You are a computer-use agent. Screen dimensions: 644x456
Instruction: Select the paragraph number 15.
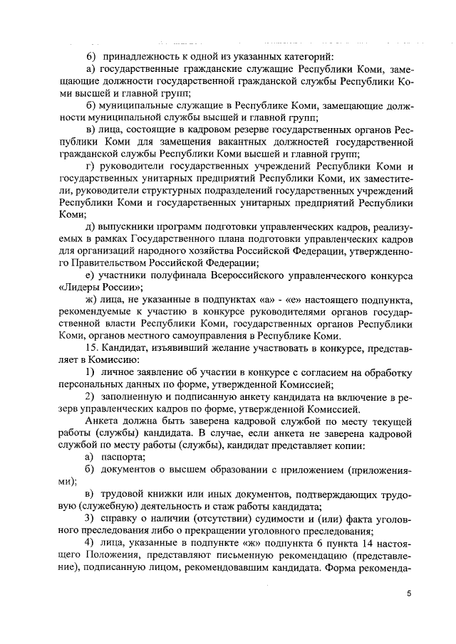[x=91, y=349]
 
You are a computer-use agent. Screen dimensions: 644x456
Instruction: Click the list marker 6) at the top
[x=90, y=56]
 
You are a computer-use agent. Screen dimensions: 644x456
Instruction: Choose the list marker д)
[x=90, y=226]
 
